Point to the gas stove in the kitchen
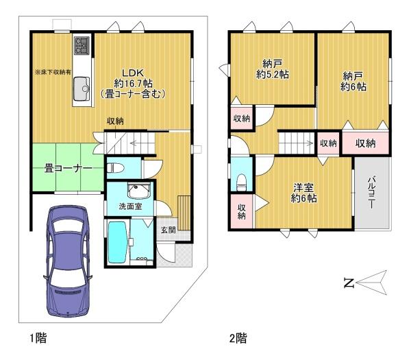click(x=82, y=45)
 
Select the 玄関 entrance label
click(x=169, y=230)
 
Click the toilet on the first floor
click(x=116, y=167)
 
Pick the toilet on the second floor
click(x=240, y=181)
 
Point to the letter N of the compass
click(x=349, y=283)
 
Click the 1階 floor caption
click(x=38, y=337)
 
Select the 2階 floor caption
click(x=238, y=337)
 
